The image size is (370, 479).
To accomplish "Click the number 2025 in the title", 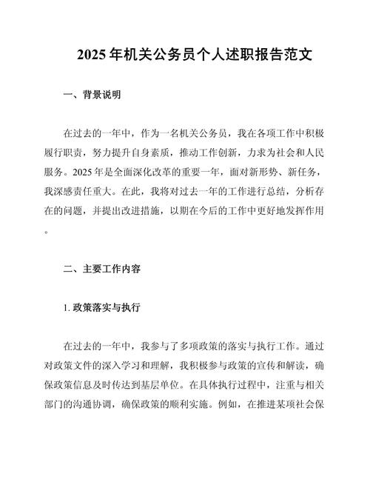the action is tap(92, 55).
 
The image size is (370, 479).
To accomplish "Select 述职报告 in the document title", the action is tap(226, 55).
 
